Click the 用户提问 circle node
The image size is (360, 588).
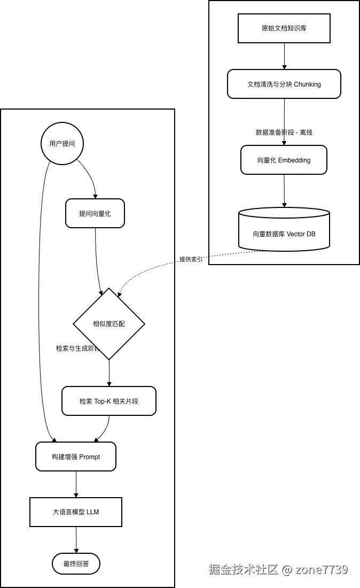62,143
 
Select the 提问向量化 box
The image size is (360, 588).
95,213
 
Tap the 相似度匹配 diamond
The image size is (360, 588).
109,323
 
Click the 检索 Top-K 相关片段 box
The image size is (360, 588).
109,401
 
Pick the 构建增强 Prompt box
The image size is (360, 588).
76,457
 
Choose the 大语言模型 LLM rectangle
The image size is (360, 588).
76,512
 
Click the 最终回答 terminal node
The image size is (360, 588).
76,563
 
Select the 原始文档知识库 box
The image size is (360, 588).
284,28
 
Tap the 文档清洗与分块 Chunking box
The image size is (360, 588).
284,84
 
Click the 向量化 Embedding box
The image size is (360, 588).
284,160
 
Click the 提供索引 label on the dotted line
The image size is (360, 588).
191,259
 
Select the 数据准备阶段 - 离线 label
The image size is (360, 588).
284,132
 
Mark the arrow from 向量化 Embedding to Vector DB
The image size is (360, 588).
284,191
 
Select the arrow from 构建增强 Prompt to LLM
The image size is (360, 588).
76,484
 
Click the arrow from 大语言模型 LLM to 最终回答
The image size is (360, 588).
76,539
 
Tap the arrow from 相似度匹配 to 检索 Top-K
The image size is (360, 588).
109,373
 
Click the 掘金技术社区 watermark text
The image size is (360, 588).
244,569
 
